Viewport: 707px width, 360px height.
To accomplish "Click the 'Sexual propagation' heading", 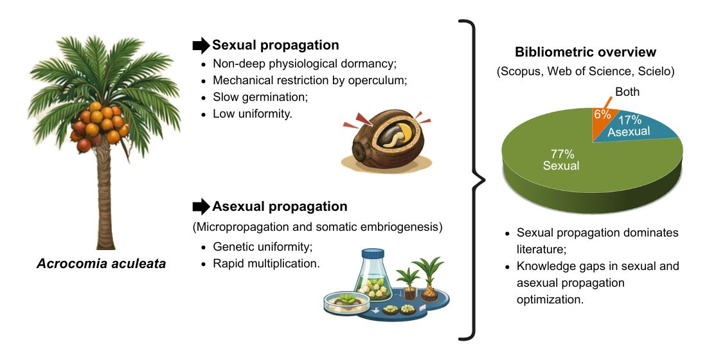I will (x=275, y=46).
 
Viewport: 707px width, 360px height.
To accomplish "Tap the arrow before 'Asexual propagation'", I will (x=201, y=206).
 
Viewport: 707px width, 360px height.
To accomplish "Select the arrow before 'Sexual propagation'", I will (x=201, y=46).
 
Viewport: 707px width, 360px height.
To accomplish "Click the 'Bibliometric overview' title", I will (x=585, y=52).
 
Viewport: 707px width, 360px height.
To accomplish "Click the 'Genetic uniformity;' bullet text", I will (x=261, y=247).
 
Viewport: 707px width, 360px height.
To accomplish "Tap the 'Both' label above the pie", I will (x=627, y=92).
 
